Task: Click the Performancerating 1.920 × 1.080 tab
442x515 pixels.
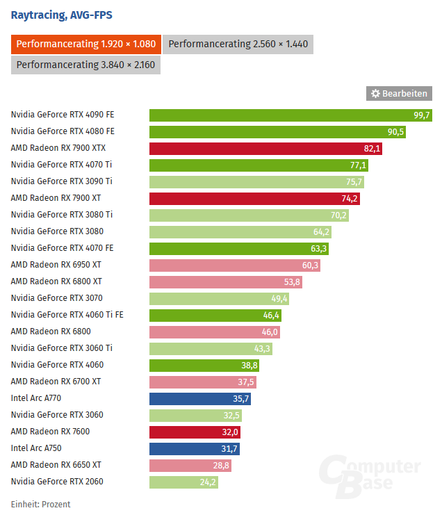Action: point(86,44)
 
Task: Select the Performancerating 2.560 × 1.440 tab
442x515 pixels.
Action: point(240,44)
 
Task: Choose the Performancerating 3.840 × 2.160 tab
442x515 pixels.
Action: point(86,65)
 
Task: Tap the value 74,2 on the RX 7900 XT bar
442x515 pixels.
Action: point(350,199)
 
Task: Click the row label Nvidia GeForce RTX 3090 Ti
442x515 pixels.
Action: point(61,181)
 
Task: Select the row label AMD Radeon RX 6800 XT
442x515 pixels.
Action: point(56,281)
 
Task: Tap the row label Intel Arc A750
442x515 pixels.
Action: point(36,448)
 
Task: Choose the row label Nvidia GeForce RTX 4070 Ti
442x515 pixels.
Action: point(61,165)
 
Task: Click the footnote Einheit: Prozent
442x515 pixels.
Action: point(40,505)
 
